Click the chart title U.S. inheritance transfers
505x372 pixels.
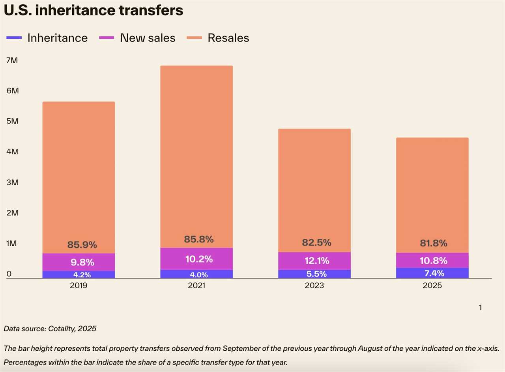click(94, 10)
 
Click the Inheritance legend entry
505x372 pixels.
click(57, 38)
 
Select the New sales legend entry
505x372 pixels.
click(148, 38)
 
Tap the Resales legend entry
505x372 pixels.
click(228, 38)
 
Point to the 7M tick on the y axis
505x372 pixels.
click(12, 60)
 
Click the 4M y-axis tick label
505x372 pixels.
click(12, 152)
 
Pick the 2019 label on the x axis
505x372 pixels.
click(79, 285)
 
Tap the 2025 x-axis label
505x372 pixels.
click(432, 285)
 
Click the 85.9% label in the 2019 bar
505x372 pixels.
click(82, 245)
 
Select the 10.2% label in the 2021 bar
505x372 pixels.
click(199, 259)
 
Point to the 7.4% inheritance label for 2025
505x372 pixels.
click(434, 273)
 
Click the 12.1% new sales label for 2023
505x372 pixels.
click(316, 261)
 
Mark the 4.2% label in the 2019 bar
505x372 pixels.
click(82, 275)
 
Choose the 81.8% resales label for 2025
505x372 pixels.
click(434, 243)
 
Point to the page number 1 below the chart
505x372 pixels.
click(480, 307)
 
